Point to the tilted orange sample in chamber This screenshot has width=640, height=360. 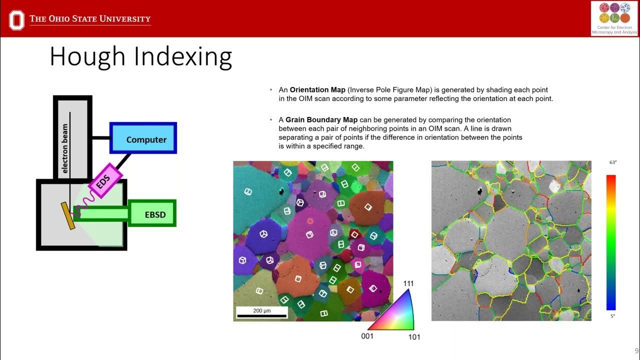click(x=69, y=215)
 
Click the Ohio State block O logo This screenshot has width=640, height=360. click(x=16, y=20)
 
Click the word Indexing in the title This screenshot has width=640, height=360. click(x=183, y=56)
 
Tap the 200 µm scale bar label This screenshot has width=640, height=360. click(x=261, y=311)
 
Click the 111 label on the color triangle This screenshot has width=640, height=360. click(x=408, y=284)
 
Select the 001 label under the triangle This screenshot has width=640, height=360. click(x=367, y=336)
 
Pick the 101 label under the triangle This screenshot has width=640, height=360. click(x=414, y=337)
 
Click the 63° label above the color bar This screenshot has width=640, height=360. click(x=612, y=162)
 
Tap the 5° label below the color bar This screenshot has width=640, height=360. click(x=612, y=316)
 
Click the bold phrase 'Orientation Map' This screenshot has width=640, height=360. click(x=317, y=90)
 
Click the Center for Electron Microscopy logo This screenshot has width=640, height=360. click(x=614, y=18)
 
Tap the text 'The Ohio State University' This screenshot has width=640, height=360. click(x=90, y=19)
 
